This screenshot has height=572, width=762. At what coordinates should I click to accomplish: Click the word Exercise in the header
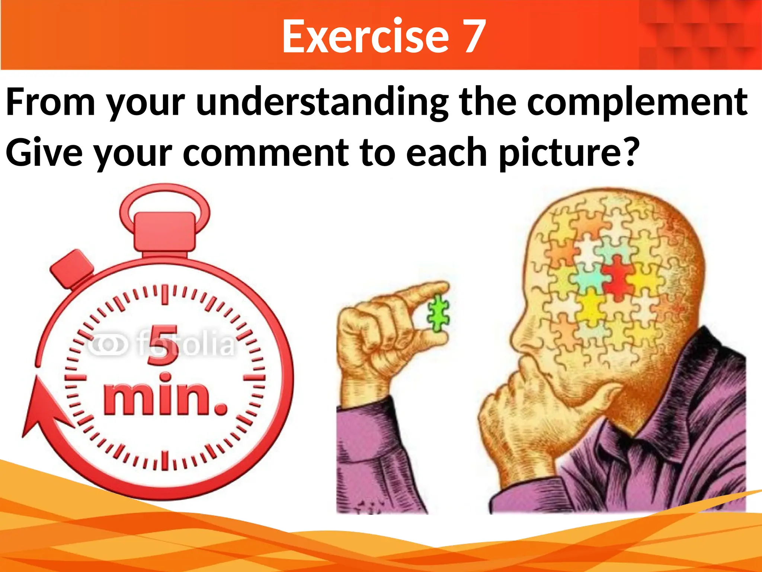click(x=365, y=36)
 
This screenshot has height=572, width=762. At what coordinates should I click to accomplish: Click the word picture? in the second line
click(x=569, y=153)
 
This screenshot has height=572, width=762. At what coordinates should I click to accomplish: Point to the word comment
click(x=266, y=153)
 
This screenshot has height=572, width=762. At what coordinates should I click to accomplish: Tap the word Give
click(x=44, y=153)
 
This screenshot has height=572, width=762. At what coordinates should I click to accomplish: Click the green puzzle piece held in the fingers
click(x=438, y=313)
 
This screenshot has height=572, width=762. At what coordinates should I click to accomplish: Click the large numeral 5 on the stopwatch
click(x=163, y=345)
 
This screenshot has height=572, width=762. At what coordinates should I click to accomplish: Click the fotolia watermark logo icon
click(x=108, y=344)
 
